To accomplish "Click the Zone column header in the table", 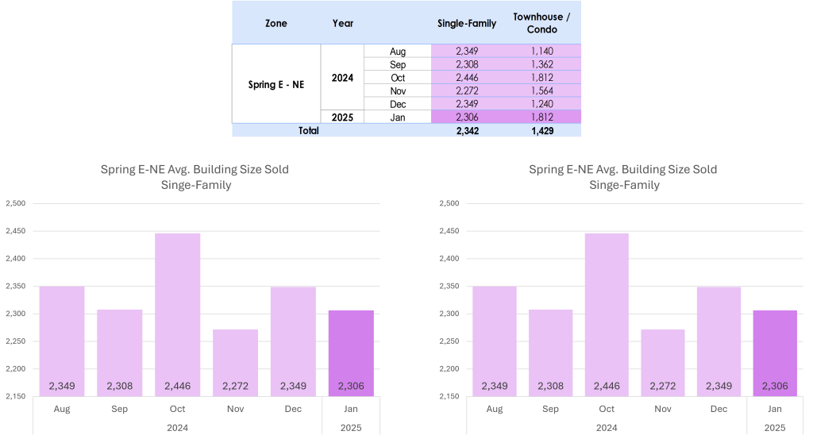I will (x=276, y=24).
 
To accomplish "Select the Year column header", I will (x=343, y=24).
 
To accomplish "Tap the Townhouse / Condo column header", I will (x=535, y=24).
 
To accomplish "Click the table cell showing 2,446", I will (x=467, y=77).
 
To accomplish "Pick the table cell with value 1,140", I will (x=542, y=51).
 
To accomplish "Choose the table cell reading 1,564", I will (x=542, y=90).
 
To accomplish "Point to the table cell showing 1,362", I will (x=542, y=64).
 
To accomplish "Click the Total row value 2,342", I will (x=467, y=131).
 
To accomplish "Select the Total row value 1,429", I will (x=542, y=131).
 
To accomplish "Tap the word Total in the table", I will (x=309, y=131).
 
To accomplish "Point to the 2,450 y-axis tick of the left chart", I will (x=16, y=231).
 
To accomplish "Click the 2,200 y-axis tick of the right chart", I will (x=449, y=369).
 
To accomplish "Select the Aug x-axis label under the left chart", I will (x=62, y=410).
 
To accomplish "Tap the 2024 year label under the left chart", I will (x=178, y=427).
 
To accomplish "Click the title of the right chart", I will (x=623, y=177).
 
